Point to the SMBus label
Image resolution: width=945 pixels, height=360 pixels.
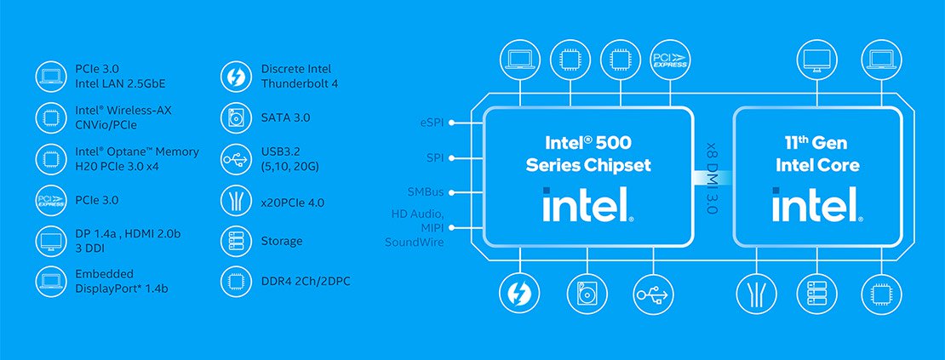coord(426,192)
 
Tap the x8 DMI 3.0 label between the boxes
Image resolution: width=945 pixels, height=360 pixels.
coord(712,177)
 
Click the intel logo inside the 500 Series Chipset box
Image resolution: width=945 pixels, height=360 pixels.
coord(587,205)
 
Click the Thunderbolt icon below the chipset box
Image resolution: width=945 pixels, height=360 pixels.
coord(517,294)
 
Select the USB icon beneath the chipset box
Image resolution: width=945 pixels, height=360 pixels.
coord(653,294)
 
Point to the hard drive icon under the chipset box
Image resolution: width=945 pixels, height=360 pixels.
coord(586,294)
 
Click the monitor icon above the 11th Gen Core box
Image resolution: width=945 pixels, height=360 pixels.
coord(816,60)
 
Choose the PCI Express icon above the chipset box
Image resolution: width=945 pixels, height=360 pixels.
coord(670,60)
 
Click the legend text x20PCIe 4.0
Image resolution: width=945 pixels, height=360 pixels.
coord(292,203)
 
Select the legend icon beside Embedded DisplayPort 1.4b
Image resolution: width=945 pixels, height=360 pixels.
coord(50,281)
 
